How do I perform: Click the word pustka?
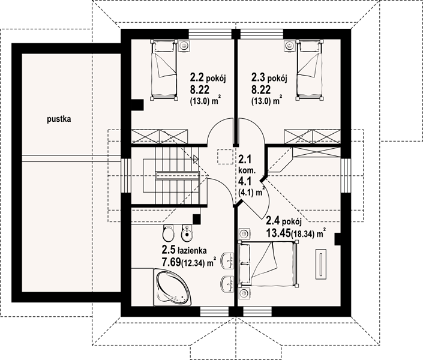pyautogui.click(x=59, y=119)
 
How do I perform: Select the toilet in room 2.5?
pyautogui.click(x=169, y=233)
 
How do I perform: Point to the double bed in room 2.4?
pyautogui.click(x=268, y=264)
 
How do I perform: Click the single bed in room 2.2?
pyautogui.click(x=164, y=70)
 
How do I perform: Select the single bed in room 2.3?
pyautogui.click(x=310, y=70)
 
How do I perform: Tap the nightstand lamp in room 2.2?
pyautogui.click(x=185, y=46)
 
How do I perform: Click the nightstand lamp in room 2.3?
pyautogui.click(x=289, y=46)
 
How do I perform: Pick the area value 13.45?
pyautogui.click(x=278, y=233)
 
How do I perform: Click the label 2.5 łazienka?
pyautogui.click(x=184, y=250)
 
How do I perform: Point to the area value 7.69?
pyautogui.click(x=171, y=262)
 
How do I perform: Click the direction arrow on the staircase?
pyautogui.click(x=196, y=160)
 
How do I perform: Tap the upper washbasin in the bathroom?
pyautogui.click(x=227, y=260)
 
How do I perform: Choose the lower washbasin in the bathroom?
pyautogui.click(x=227, y=284)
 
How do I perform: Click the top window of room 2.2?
pyautogui.click(x=210, y=34)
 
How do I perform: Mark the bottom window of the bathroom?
pyautogui.click(x=214, y=311)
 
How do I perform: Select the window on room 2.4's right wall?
pyautogui.click(x=346, y=175)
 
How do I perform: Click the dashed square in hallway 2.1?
pyautogui.click(x=225, y=157)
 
